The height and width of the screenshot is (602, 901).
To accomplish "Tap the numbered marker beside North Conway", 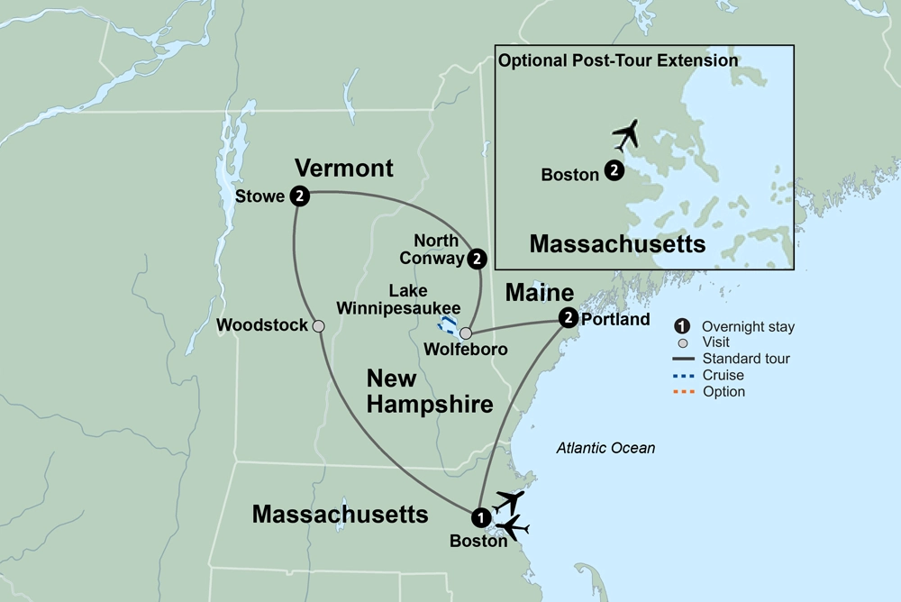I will [x=478, y=259].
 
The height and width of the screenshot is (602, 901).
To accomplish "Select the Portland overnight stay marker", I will [x=568, y=317].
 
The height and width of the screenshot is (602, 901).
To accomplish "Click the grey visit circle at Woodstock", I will [x=318, y=326].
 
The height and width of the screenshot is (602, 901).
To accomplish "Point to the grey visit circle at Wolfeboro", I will [x=466, y=333].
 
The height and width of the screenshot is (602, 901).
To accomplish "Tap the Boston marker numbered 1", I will [x=481, y=517].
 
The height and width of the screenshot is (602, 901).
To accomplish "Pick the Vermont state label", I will [x=345, y=169].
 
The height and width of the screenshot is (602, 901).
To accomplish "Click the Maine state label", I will [x=540, y=293].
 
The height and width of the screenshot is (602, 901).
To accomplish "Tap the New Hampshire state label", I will [x=429, y=391].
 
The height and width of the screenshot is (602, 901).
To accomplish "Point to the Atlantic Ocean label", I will [x=605, y=448].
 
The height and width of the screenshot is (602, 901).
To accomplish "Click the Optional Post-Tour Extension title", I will [x=618, y=61].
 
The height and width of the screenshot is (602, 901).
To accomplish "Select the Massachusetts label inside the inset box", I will [x=617, y=243].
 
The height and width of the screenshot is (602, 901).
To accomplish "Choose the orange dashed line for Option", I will [x=685, y=392].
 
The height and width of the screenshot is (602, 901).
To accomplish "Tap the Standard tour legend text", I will [x=745, y=359].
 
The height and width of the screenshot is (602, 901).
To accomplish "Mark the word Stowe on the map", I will [x=259, y=196].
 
